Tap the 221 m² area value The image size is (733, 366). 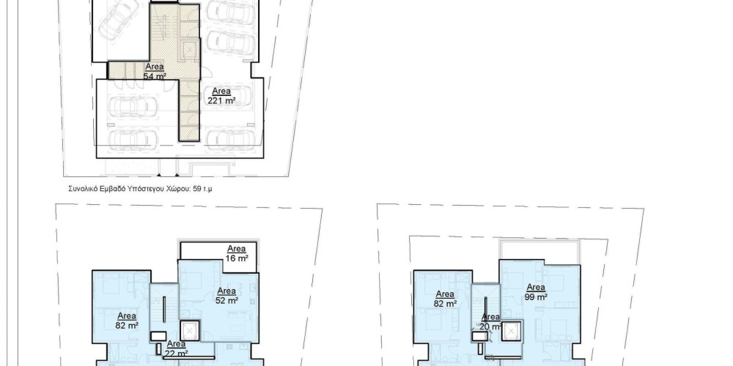[221, 100]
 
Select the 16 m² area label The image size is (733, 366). [237, 257]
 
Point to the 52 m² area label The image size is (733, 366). [226, 300]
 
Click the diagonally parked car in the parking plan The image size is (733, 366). [119, 18]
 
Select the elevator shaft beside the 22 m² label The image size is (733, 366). [189, 331]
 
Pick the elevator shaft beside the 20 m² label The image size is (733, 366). [511, 331]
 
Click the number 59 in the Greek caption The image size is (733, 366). [196, 189]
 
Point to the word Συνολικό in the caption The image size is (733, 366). [83, 189]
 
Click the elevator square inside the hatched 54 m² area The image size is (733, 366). [189, 52]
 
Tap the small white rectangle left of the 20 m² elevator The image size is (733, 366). [480, 336]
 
